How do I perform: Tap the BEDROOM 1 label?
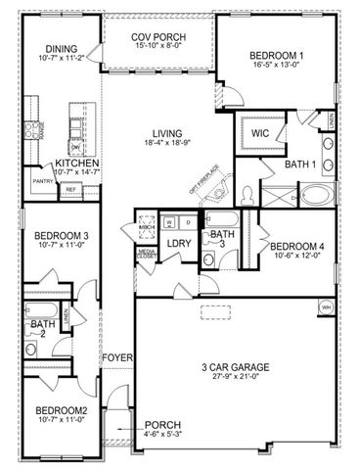[x=273, y=57]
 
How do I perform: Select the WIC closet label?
[x=259, y=131]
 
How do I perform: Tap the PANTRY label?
[x=42, y=181]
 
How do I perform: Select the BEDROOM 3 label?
[x=62, y=236]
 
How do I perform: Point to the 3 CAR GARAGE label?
[x=230, y=367]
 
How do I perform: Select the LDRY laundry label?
[x=178, y=243]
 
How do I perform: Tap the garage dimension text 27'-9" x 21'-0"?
[x=230, y=379]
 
